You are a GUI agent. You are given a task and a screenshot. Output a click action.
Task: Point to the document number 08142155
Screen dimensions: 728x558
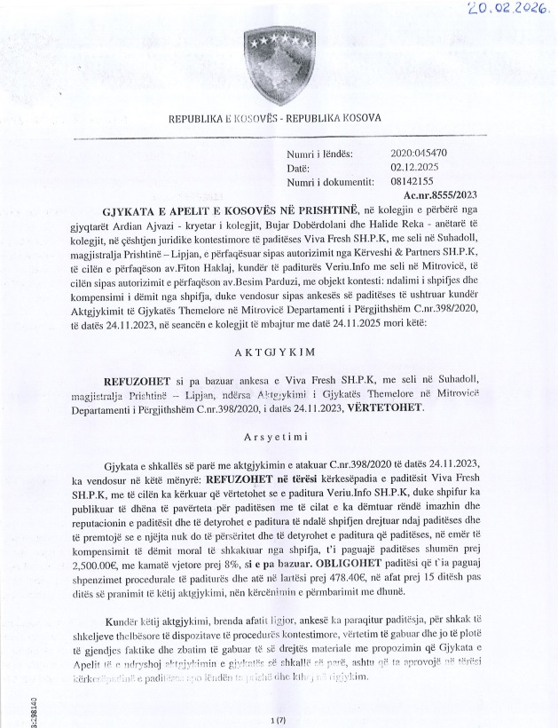click(x=410, y=180)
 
